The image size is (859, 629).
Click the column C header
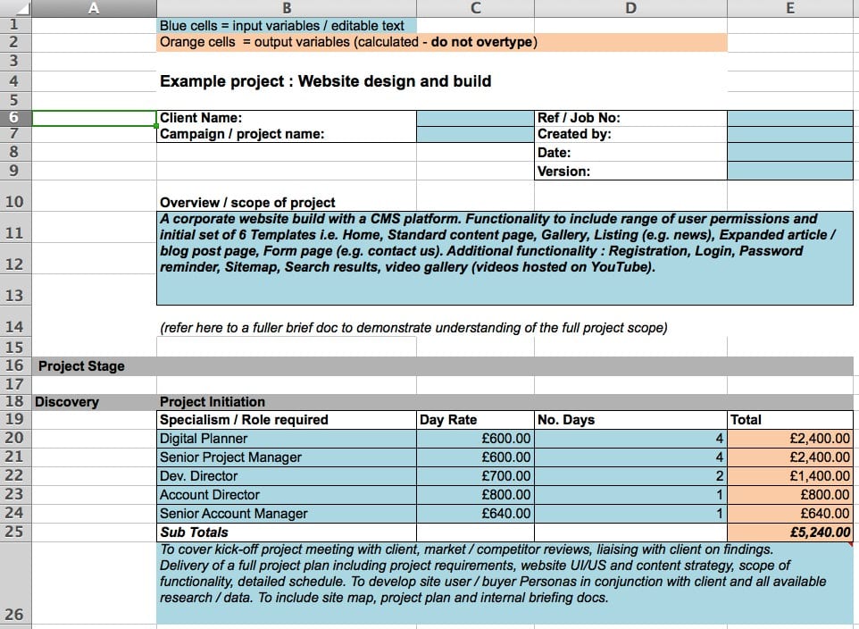[475, 8]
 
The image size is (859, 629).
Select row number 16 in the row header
[14, 365]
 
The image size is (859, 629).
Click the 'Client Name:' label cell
[201, 118]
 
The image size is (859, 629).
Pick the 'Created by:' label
[574, 134]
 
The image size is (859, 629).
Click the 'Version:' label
[563, 172]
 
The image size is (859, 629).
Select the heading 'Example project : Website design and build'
[325, 81]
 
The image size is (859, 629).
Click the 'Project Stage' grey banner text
[81, 366]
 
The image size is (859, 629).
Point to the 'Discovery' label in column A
[67, 402]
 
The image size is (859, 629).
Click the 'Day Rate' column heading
[448, 420]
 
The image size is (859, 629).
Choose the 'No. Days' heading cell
[566, 420]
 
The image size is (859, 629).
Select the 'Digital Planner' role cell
[204, 439]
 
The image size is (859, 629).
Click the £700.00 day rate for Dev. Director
[505, 476]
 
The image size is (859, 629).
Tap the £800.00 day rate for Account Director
[505, 495]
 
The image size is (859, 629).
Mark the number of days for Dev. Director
[718, 476]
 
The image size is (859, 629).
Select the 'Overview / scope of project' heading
[247, 202]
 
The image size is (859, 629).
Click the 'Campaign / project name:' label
[242, 134]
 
